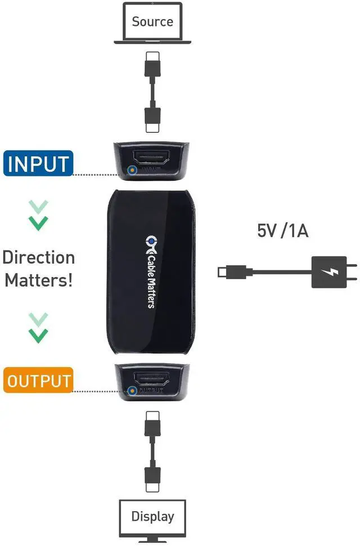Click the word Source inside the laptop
click(152, 22)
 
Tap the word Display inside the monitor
click(152, 516)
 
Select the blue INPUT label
click(38, 164)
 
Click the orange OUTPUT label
click(38, 380)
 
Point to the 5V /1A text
click(283, 230)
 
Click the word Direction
click(38, 258)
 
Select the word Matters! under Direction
click(38, 280)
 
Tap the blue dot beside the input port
click(133, 169)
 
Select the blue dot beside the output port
click(133, 390)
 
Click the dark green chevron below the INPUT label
click(38, 223)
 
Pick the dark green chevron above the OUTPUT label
click(38, 336)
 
